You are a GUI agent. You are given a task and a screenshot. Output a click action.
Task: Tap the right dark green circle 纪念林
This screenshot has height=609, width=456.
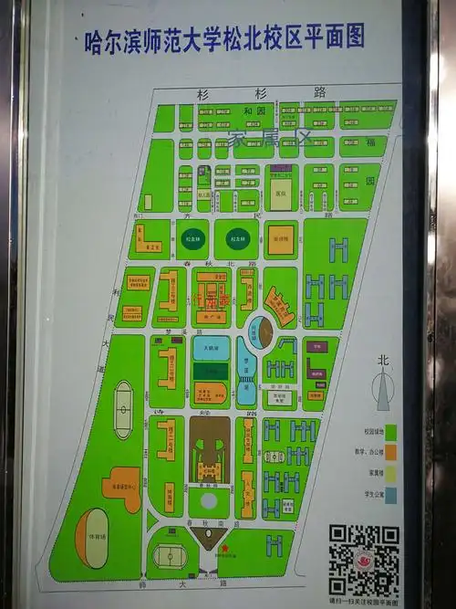238,238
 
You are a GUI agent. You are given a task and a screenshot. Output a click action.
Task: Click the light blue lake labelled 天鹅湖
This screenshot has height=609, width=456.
212,349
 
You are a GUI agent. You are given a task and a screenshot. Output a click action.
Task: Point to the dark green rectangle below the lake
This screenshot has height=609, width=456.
211,372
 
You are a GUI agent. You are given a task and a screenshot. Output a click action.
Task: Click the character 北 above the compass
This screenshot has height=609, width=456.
383,361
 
